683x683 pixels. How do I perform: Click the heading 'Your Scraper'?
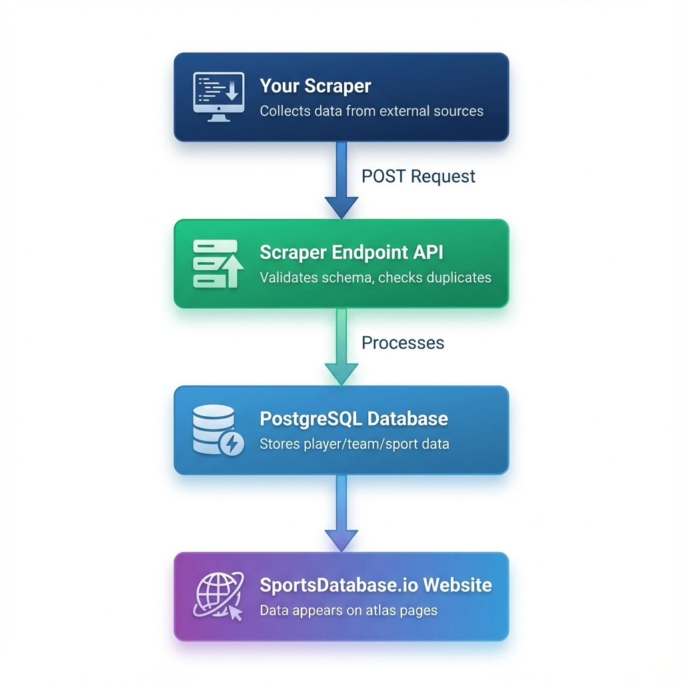[315, 86]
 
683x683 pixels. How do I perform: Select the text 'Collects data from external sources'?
[372, 111]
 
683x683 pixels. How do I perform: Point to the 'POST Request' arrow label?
[418, 176]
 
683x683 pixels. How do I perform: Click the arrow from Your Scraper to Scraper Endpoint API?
[341, 180]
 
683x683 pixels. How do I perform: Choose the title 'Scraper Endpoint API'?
[352, 252]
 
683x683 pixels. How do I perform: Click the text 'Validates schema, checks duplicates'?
[375, 277]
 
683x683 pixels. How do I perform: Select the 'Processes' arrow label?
[402, 342]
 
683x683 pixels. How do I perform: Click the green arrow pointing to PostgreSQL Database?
[341, 347]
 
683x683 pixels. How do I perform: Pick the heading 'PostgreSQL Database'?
[354, 419]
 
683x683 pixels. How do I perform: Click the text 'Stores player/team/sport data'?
[354, 444]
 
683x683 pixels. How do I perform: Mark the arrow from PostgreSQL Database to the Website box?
[341, 513]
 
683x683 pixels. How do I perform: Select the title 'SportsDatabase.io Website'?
[376, 585]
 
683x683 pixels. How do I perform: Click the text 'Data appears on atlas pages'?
[349, 610]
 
